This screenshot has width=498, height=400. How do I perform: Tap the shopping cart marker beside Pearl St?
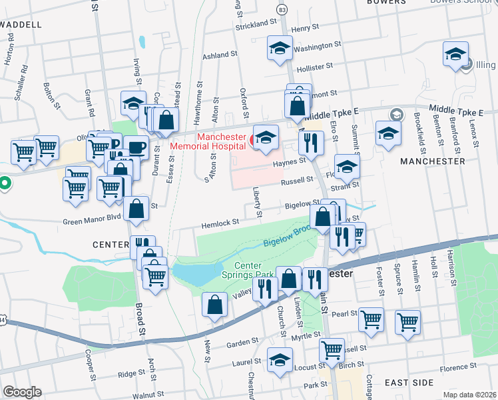(x=371, y=319)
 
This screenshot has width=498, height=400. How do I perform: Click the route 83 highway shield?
(x=283, y=10)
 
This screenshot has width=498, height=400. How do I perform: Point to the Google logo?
(x=22, y=392)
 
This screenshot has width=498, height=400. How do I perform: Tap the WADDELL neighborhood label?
(x=21, y=24)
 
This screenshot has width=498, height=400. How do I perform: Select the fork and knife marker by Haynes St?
(x=311, y=143)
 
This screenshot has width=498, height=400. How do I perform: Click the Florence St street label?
(x=459, y=367)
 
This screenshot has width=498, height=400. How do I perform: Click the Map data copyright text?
(x=470, y=395)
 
